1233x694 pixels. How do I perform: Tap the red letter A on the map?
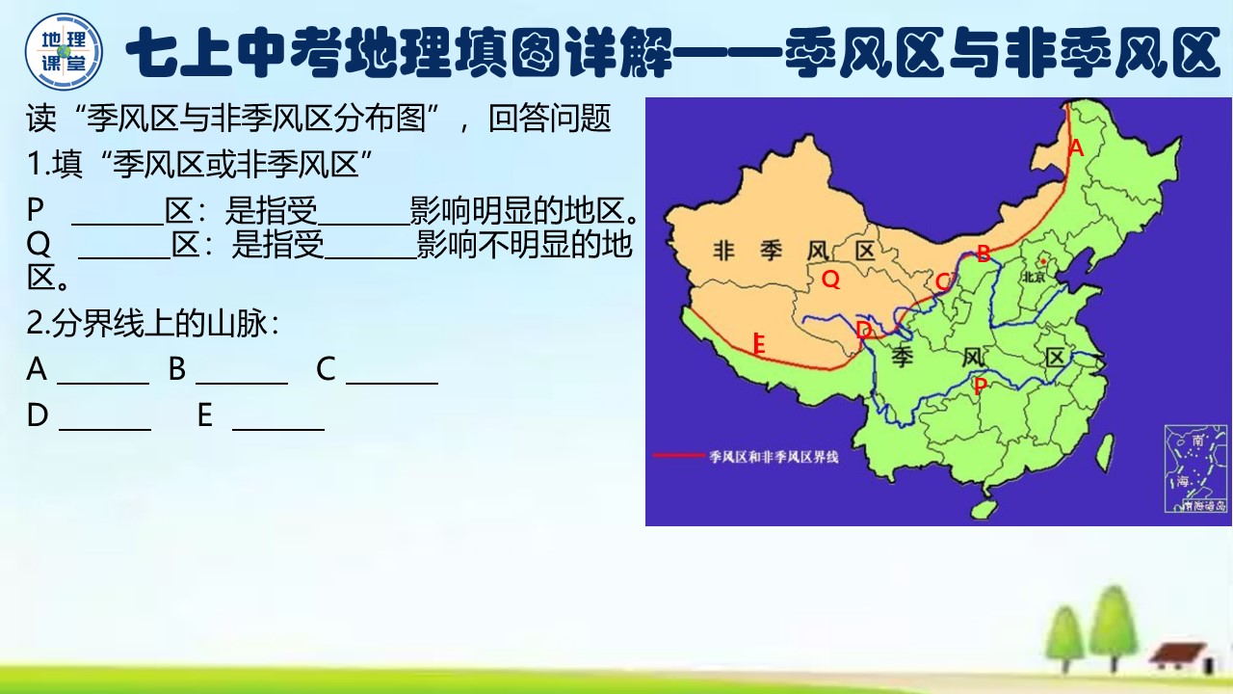(1077, 148)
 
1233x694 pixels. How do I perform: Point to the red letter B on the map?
(984, 254)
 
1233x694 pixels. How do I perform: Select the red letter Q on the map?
(830, 280)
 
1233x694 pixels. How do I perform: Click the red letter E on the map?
(759, 344)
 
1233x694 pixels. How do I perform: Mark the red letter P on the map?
(980, 387)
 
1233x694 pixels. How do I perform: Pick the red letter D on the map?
(864, 331)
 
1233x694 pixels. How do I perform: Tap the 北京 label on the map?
(1034, 276)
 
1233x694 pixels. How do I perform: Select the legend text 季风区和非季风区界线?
(774, 457)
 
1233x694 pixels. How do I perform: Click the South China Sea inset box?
(1195, 468)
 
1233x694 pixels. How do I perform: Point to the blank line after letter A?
(103, 382)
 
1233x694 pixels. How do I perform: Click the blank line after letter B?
(242, 382)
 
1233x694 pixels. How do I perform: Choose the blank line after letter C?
(392, 382)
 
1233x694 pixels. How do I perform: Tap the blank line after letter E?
(278, 428)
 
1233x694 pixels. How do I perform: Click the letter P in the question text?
(37, 210)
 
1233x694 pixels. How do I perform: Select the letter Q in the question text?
(39, 246)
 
